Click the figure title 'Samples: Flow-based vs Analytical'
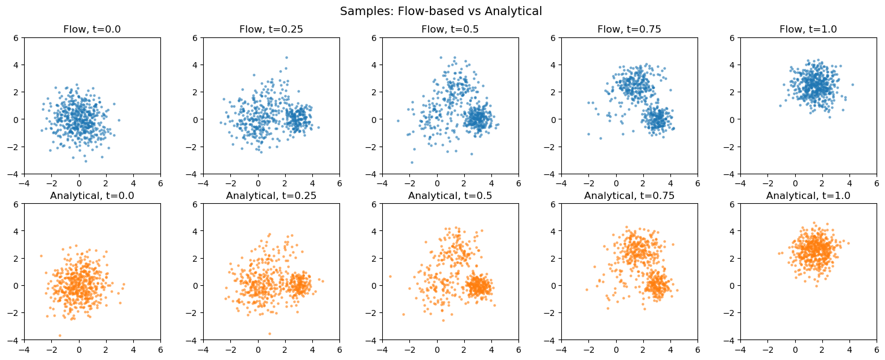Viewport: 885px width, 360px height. click(x=441, y=11)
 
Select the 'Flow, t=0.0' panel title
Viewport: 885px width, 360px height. click(x=92, y=29)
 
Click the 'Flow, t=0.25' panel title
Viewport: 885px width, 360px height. click(x=271, y=29)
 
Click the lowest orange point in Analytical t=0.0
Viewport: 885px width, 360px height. click(x=60, y=335)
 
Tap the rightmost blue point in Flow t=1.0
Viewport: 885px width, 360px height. click(x=852, y=84)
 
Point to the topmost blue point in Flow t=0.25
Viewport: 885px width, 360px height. click(x=286, y=58)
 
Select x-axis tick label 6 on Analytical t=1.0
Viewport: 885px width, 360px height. click(x=877, y=349)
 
